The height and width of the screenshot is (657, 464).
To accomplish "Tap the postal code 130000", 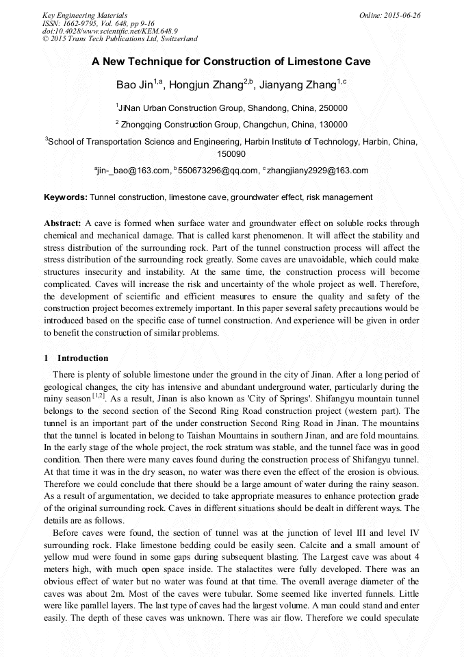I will [332, 125].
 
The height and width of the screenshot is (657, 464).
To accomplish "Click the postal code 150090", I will [231, 155].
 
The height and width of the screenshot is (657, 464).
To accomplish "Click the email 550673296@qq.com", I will [218, 171].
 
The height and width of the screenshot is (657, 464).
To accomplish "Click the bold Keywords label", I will [66, 197].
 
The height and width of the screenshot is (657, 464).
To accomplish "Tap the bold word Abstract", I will [62, 223].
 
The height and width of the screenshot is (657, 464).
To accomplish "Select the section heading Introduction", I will [83, 358].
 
